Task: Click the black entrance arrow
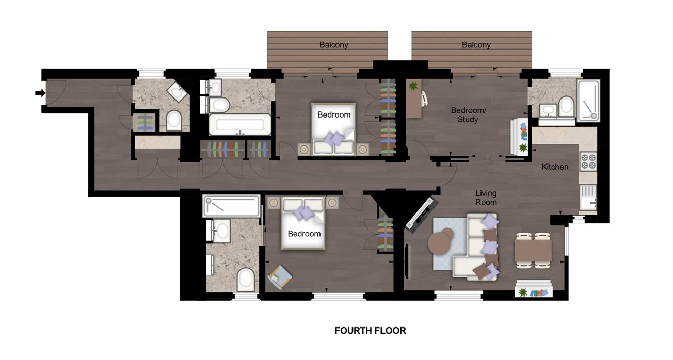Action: [x=40, y=93]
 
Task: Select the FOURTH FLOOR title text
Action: [x=370, y=331]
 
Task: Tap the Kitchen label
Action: [x=555, y=167]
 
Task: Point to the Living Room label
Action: [x=486, y=198]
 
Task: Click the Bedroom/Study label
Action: [x=464, y=115]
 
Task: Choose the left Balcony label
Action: [x=333, y=45]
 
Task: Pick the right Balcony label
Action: [x=476, y=45]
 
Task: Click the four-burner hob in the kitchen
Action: [x=588, y=161]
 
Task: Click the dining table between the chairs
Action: [x=533, y=251]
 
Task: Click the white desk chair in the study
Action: [x=425, y=98]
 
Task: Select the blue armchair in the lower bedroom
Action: [x=279, y=276]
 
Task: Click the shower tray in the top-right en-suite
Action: [x=588, y=100]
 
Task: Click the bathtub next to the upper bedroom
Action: [x=239, y=124]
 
